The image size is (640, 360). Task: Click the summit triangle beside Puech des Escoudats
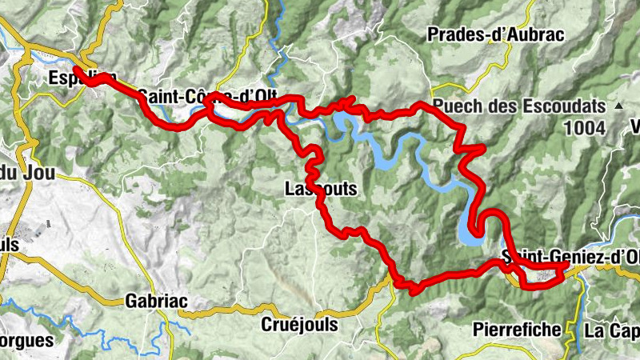click(618, 106)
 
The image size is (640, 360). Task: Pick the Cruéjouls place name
click(299, 326)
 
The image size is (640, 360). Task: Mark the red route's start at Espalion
click(76, 70)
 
